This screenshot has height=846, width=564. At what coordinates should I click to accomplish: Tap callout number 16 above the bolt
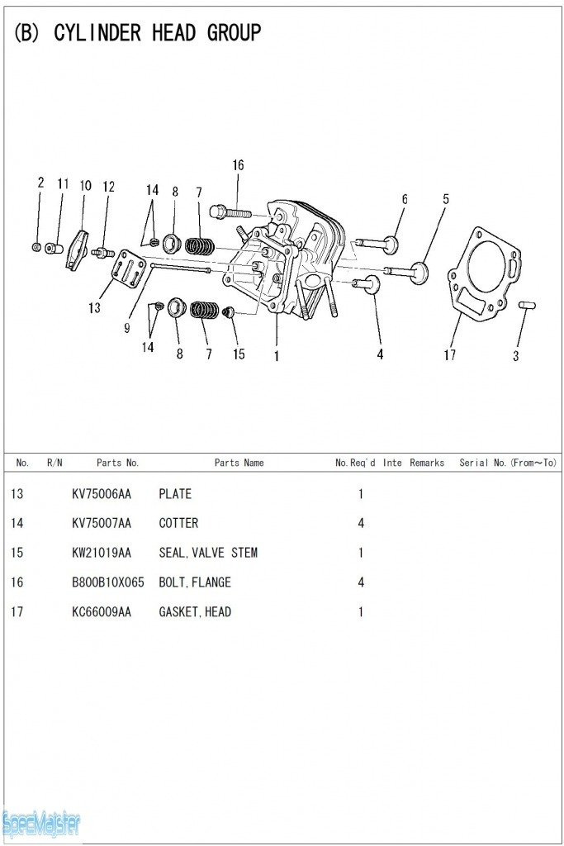pyautogui.click(x=238, y=165)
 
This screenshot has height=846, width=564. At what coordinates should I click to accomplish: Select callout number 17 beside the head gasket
pyautogui.click(x=450, y=355)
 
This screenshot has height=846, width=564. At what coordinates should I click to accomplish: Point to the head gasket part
pyautogui.click(x=483, y=273)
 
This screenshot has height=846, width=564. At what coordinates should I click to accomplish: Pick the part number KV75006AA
pyautogui.click(x=102, y=494)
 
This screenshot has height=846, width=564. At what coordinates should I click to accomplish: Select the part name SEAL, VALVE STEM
pyautogui.click(x=208, y=553)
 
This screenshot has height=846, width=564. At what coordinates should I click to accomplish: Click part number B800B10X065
pyautogui.click(x=108, y=582)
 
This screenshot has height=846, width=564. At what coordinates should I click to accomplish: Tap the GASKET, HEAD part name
pyautogui.click(x=195, y=612)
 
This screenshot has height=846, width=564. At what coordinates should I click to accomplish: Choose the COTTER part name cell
pyautogui.click(x=178, y=523)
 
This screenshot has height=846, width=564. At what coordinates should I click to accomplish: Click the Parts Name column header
pyautogui.click(x=239, y=463)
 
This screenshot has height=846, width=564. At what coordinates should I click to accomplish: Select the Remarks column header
pyautogui.click(x=427, y=463)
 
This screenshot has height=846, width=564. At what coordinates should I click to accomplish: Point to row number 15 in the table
pyautogui.click(x=17, y=553)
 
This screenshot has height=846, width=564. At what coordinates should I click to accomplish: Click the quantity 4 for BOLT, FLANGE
pyautogui.click(x=361, y=582)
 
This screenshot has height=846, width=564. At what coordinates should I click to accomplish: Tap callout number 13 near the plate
pyautogui.click(x=95, y=308)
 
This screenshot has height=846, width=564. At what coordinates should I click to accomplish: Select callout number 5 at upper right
pyautogui.click(x=446, y=199)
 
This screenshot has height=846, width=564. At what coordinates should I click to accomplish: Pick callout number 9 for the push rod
pyautogui.click(x=126, y=328)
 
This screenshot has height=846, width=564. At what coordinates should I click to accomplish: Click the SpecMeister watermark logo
pyautogui.click(x=41, y=823)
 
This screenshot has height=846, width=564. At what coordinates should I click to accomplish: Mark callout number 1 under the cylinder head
pyautogui.click(x=276, y=356)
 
